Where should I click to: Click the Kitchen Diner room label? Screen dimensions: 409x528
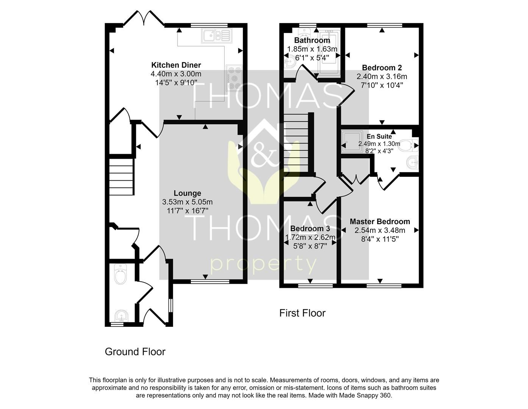[x=176, y=65]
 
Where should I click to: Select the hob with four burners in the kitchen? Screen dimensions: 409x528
[x=234, y=78]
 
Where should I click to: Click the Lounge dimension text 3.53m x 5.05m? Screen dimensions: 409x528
[x=187, y=202]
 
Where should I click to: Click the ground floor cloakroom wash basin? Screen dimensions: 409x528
[x=121, y=315]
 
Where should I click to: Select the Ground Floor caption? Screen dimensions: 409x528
[x=135, y=352]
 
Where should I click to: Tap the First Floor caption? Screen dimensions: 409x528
[x=302, y=313]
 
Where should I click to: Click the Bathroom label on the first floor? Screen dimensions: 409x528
[x=312, y=40]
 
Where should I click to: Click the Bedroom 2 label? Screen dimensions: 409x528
[x=382, y=68]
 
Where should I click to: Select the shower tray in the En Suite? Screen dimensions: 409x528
[x=351, y=142]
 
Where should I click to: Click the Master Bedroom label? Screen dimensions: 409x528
[x=380, y=222]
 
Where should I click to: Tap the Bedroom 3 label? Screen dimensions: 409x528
[x=310, y=229]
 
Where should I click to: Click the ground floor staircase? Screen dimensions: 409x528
[x=122, y=177]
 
